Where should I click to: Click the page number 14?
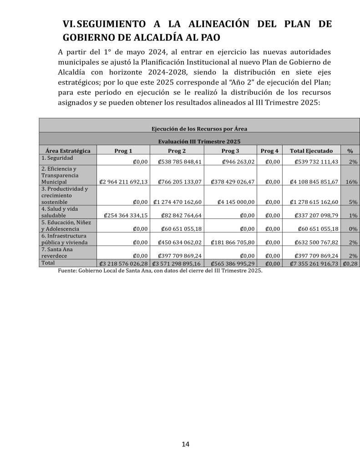pos(185,444)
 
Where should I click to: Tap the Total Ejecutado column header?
pos(311,151)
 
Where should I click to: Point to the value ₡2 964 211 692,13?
pos(123,182)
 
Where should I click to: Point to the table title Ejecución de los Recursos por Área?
pos(199,129)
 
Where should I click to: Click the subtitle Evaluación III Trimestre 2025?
pos(199,142)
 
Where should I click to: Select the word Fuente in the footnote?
pos(67,271)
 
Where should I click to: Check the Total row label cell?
pos(48,263)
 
